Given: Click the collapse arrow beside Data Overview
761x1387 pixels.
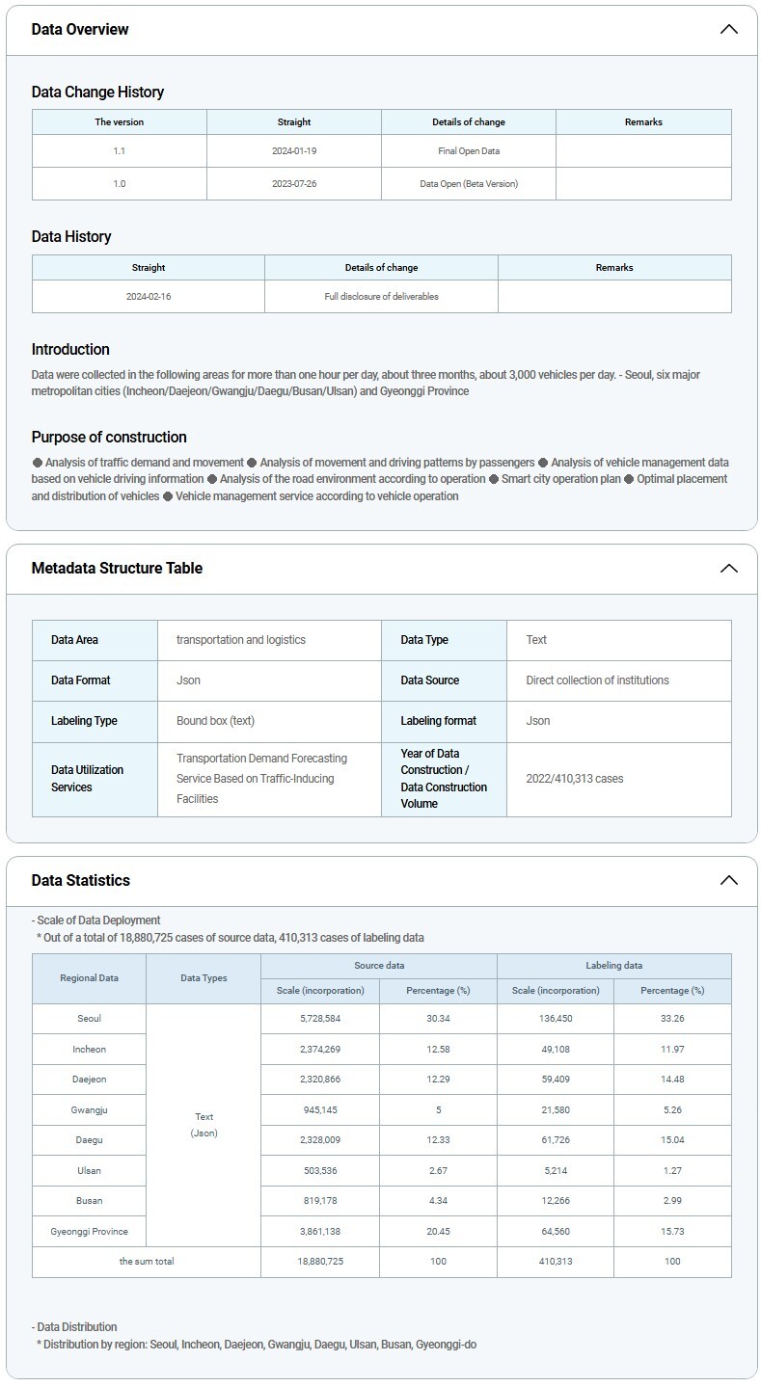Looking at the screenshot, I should (x=728, y=29).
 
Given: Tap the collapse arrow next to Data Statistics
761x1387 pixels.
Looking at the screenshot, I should (x=728, y=880).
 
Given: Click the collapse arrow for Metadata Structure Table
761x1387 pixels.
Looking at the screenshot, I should (x=728, y=568).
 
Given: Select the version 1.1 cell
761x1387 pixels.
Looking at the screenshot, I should (x=119, y=151).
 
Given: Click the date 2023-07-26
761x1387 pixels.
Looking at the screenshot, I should (x=294, y=183).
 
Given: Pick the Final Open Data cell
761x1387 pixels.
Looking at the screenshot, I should (x=469, y=151).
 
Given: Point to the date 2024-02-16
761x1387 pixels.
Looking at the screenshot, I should (x=149, y=296).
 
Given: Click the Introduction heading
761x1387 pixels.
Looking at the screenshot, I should (x=70, y=349).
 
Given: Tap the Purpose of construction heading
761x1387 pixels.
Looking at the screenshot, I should (x=109, y=437).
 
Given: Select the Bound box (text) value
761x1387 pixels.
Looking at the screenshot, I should (x=215, y=721).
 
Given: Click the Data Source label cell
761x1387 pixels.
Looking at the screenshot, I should (x=430, y=680).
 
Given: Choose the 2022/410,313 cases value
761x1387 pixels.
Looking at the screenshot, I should (x=575, y=779).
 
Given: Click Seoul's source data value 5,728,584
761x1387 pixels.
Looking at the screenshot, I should (x=319, y=1019).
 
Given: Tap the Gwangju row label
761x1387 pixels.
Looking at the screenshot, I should (x=89, y=1110).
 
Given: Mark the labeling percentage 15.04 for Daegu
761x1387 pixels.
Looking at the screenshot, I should (x=672, y=1140).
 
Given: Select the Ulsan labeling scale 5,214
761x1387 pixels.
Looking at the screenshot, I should (x=555, y=1171).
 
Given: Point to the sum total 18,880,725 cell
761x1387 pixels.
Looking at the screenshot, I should (x=319, y=1262).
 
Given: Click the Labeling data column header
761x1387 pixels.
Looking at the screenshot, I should (x=613, y=966).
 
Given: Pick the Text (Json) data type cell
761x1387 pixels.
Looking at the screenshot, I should (x=204, y=1125).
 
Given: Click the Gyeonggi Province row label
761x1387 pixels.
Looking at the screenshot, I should (x=89, y=1232).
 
